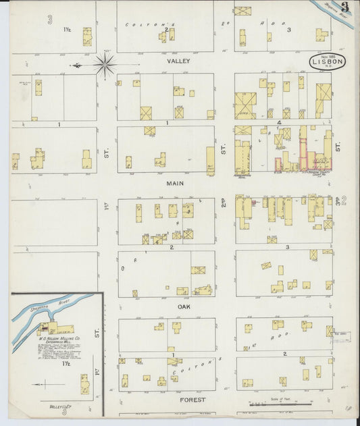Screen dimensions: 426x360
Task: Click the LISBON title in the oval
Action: coord(328,61)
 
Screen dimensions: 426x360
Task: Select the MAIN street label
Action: coord(176,182)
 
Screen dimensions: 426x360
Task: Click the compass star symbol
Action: coord(105,65)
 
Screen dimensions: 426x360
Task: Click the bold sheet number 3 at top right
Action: coord(344,9)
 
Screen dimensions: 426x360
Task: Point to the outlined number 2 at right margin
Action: coord(344,199)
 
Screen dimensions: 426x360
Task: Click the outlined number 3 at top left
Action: coord(51,18)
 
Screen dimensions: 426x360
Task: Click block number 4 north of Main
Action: coord(279,123)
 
